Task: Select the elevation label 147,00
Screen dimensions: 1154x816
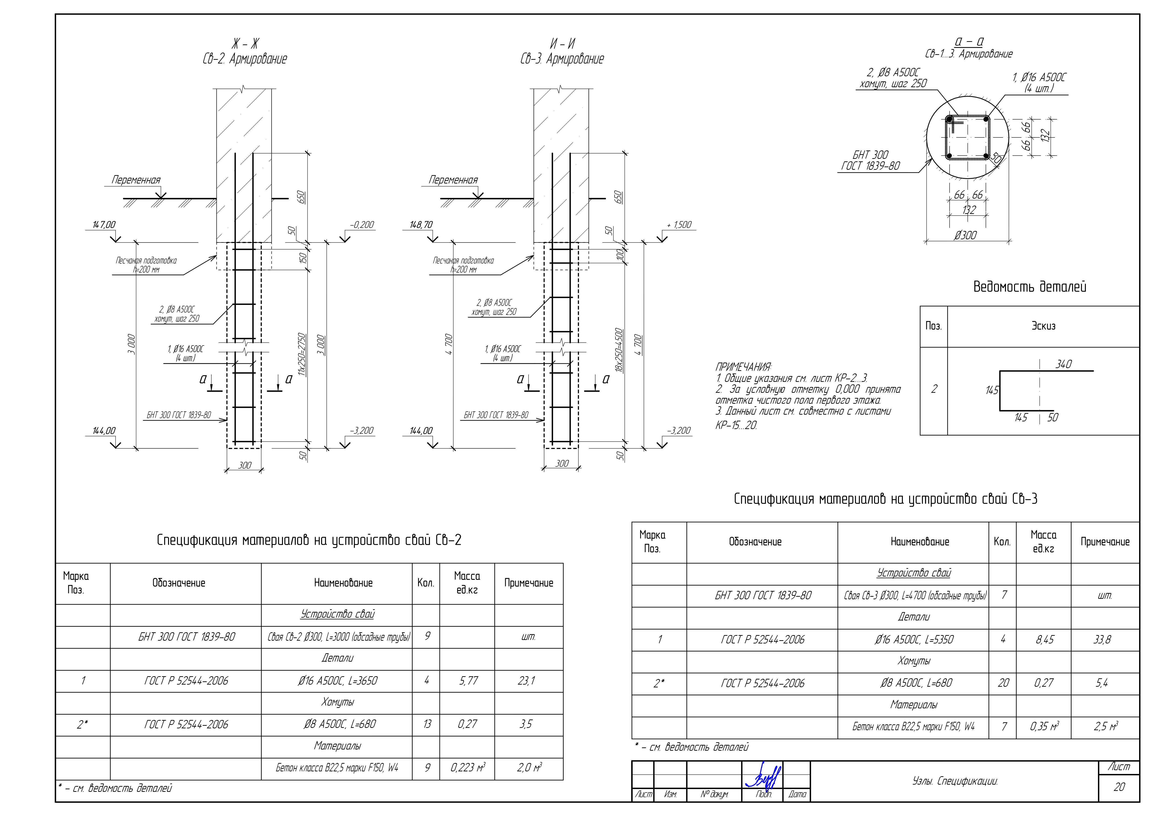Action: [104, 225]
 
